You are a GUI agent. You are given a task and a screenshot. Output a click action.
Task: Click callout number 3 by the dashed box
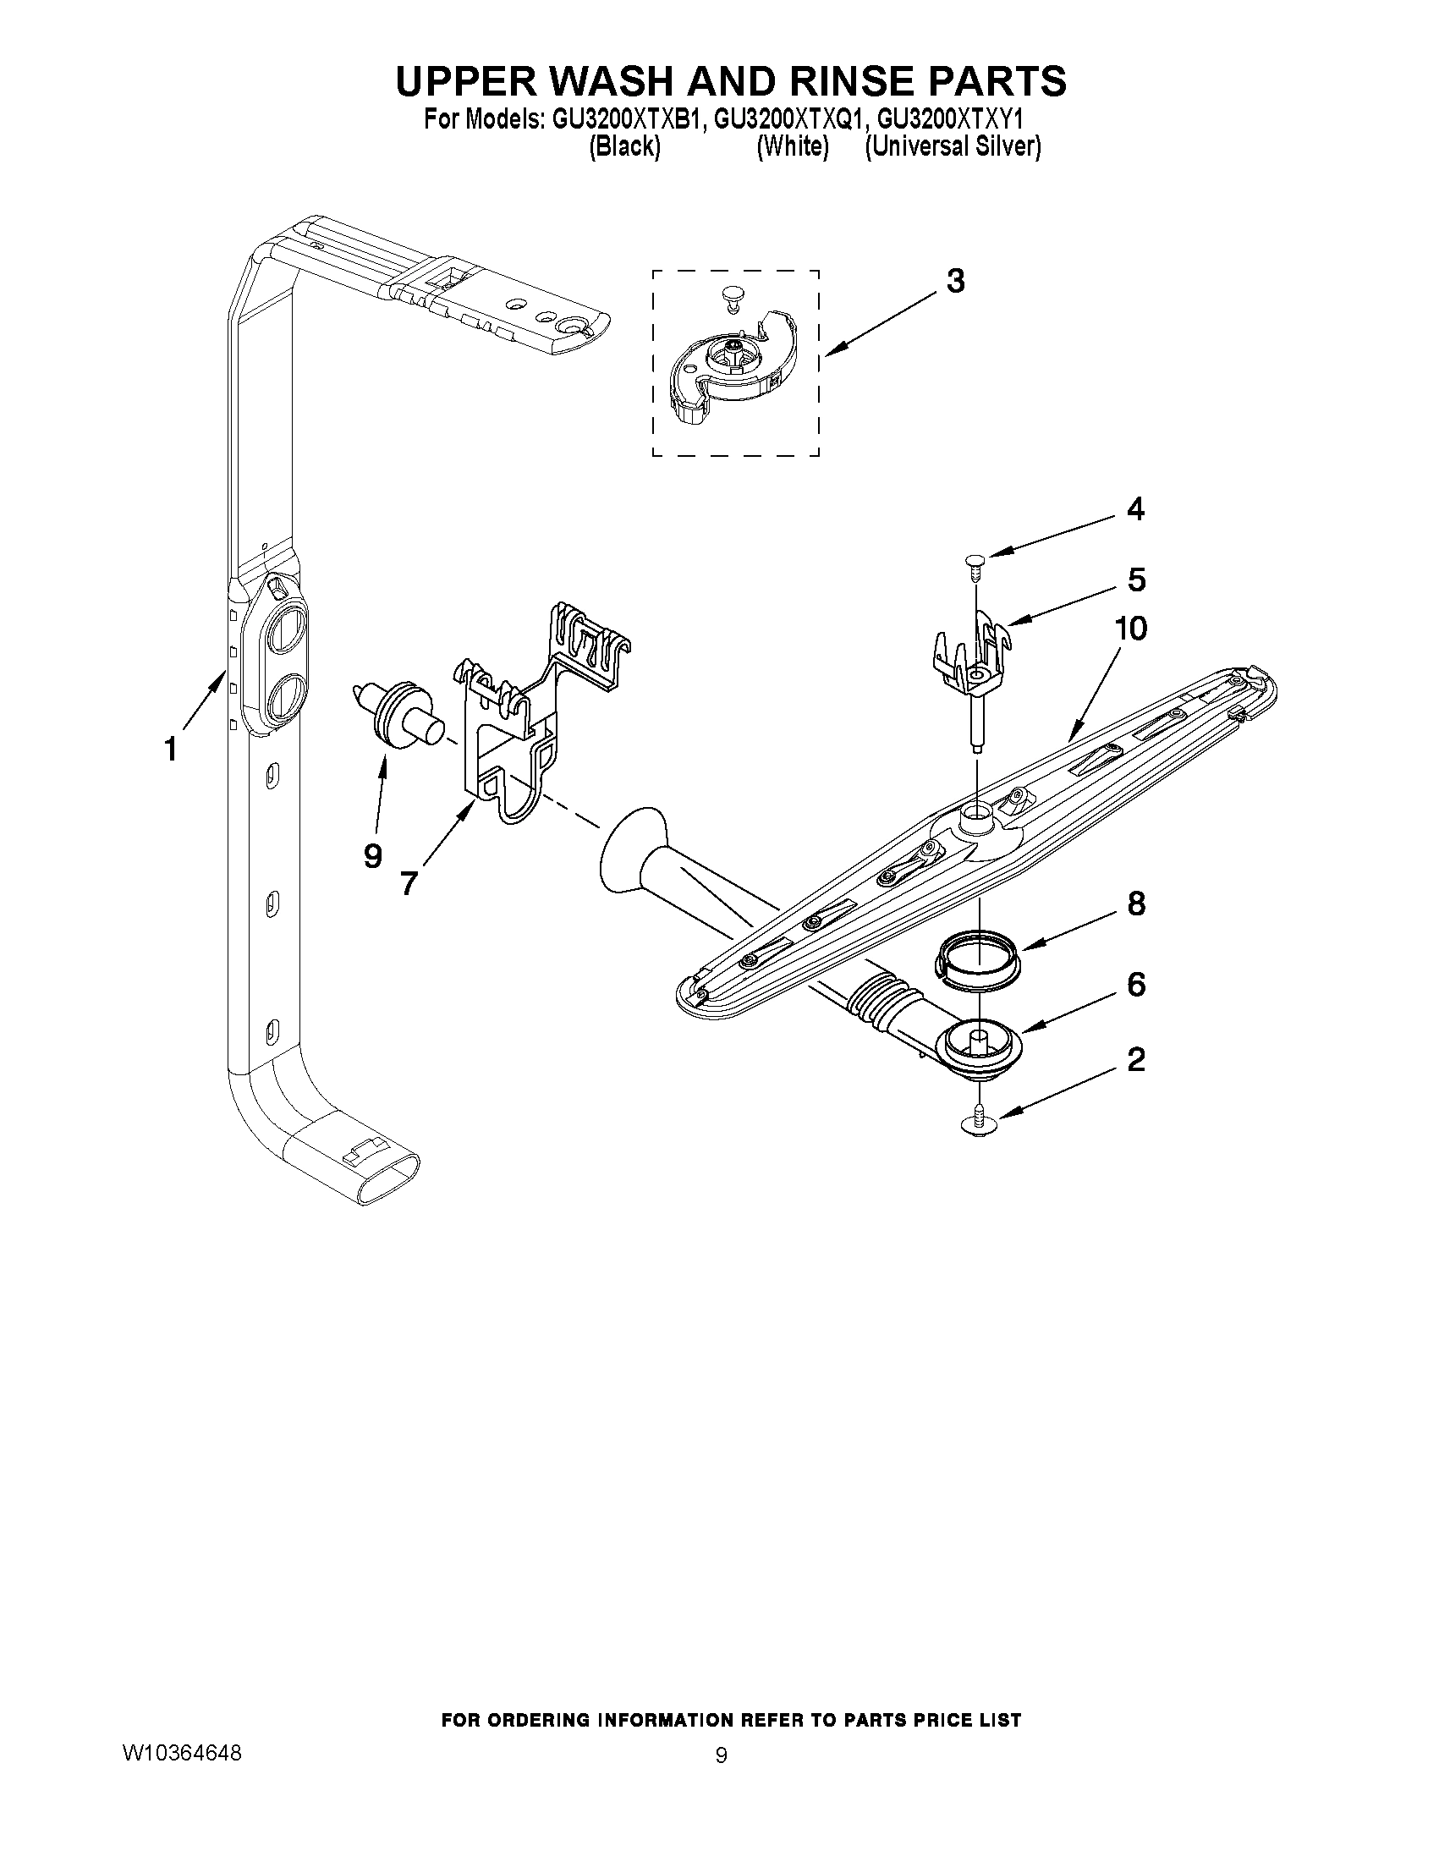coord(955,281)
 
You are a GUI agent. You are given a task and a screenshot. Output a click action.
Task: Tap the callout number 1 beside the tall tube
coord(171,750)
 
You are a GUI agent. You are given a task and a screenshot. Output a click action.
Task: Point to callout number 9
coord(372,855)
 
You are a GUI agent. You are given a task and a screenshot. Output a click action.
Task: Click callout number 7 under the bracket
coord(409,883)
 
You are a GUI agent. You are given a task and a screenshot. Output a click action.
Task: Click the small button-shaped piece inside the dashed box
coord(729,295)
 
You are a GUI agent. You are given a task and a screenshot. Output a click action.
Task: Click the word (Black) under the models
coord(625,146)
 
